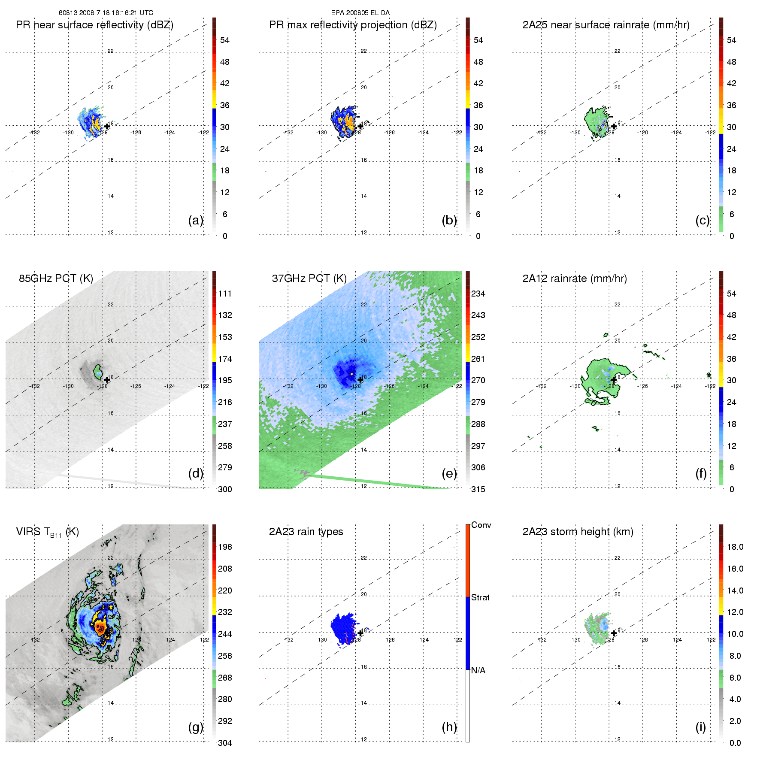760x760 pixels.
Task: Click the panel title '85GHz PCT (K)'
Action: pyautogui.click(x=56, y=279)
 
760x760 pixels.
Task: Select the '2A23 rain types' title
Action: pyautogui.click(x=306, y=532)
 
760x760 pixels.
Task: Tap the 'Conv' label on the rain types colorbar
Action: pyautogui.click(x=481, y=525)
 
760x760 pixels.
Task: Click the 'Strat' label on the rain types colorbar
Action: pyautogui.click(x=480, y=597)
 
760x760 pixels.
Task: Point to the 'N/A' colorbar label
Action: pyautogui.click(x=478, y=670)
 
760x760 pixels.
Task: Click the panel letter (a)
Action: pyautogui.click(x=195, y=220)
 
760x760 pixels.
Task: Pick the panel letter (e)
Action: pyautogui.click(x=449, y=473)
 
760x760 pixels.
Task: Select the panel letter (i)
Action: pyautogui.click(x=700, y=727)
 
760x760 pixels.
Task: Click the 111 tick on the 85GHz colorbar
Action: pyautogui.click(x=225, y=294)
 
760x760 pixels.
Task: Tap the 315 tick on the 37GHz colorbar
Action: pyautogui.click(x=478, y=489)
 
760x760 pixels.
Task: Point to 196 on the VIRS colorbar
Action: pyautogui.click(x=225, y=547)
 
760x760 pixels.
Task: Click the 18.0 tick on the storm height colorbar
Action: pyautogui.click(x=735, y=547)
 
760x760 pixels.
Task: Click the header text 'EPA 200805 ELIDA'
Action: pyautogui.click(x=360, y=13)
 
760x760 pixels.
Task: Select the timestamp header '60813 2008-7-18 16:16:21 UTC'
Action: pyautogui.click(x=106, y=13)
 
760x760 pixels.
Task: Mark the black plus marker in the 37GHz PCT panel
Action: pyautogui.click(x=360, y=380)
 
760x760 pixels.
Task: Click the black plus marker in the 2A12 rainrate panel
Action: pyautogui.click(x=614, y=380)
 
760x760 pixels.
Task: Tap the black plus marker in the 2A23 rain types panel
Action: pyautogui.click(x=360, y=633)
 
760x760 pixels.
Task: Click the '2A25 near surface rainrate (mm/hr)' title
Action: pyautogui.click(x=606, y=25)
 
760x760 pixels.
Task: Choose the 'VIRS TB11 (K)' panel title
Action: pyautogui.click(x=47, y=532)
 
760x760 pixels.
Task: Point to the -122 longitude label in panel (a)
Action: pyautogui.click(x=203, y=133)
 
